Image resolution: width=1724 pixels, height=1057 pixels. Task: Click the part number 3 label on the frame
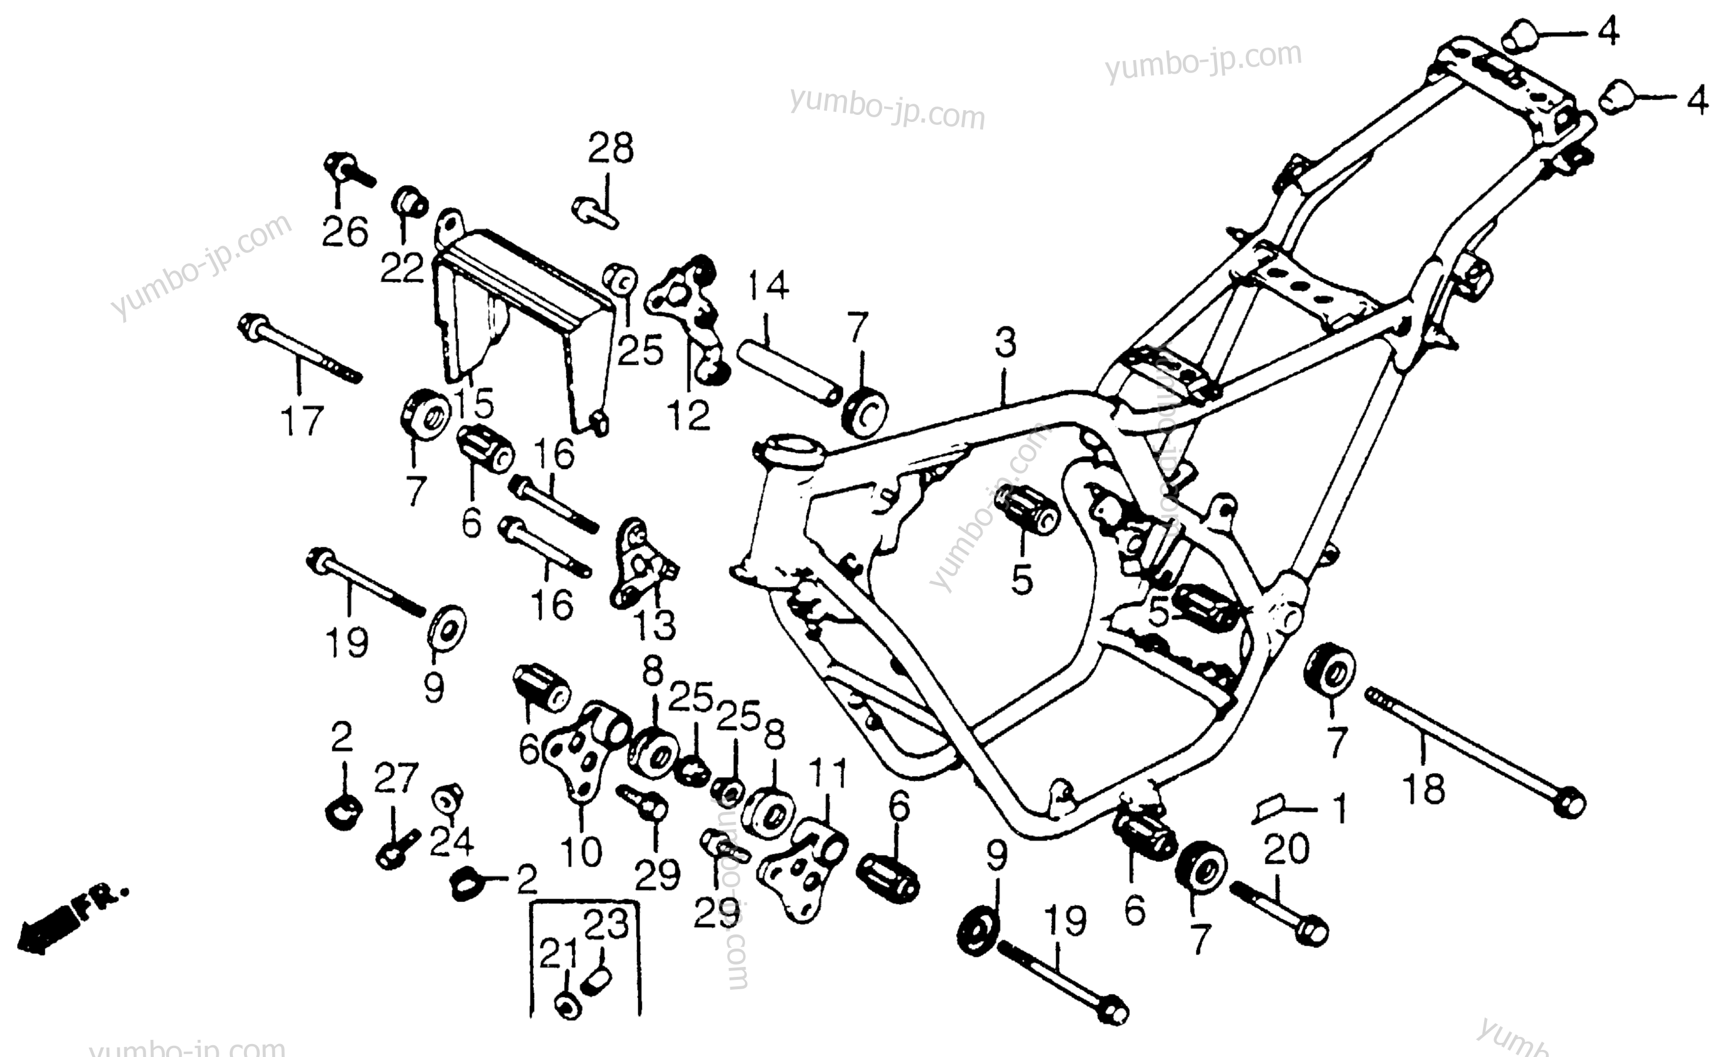[x=1006, y=343]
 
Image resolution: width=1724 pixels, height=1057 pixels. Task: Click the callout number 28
[x=611, y=148]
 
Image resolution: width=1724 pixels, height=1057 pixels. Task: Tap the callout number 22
[x=403, y=267]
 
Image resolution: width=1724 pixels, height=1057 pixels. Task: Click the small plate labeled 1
[x=1270, y=808]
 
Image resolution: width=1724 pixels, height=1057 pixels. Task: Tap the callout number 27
[x=396, y=778]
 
